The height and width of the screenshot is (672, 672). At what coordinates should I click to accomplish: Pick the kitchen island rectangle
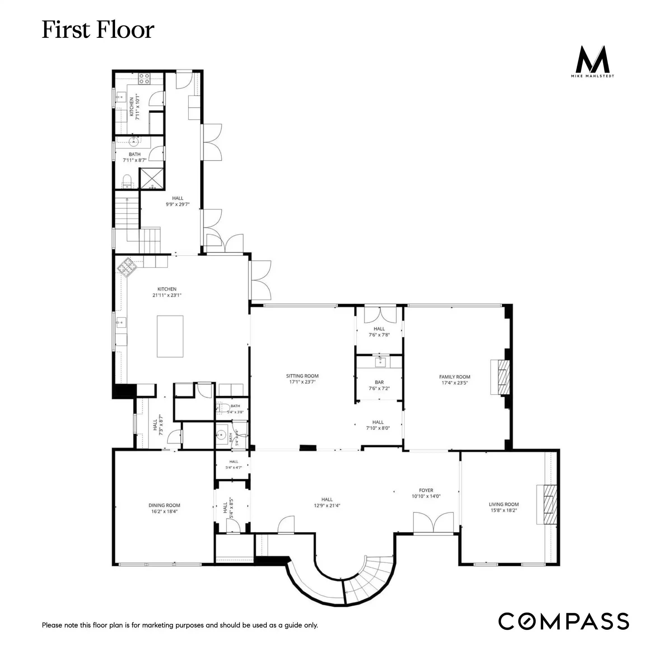(170, 336)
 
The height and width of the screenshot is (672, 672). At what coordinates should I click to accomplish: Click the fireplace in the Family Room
(500, 377)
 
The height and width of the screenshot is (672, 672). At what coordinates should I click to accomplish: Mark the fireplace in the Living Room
(547, 504)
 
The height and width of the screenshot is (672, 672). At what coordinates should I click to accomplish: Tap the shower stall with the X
(151, 179)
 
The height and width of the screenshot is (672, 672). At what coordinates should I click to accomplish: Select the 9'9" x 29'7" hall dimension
(178, 204)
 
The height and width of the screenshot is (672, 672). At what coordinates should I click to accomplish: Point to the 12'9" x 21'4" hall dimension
(327, 506)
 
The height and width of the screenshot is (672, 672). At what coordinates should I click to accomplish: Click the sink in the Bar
(380, 362)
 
